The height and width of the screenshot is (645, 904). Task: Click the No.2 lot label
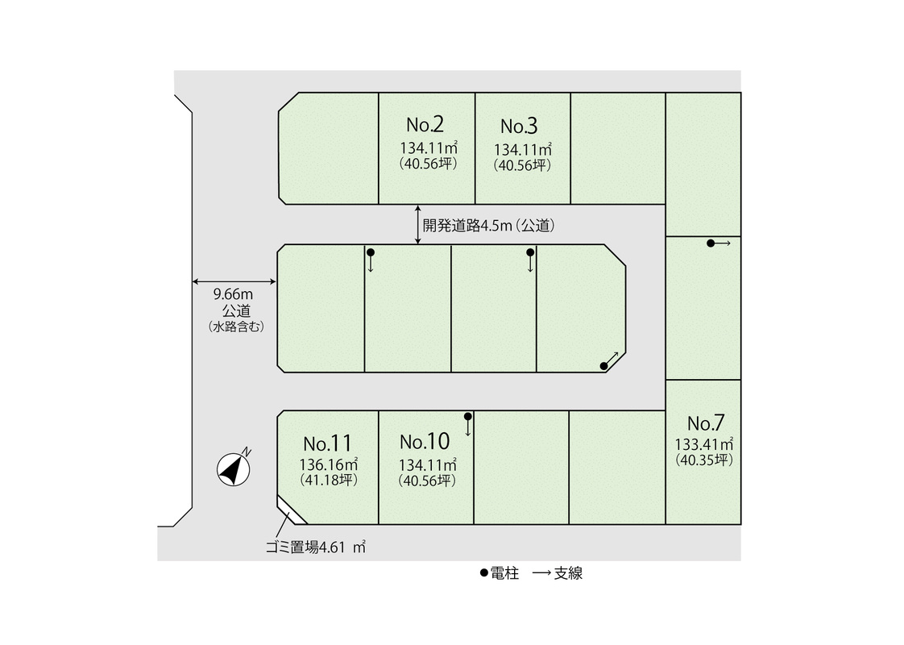pos(425,125)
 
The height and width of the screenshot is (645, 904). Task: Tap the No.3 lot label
pos(519,126)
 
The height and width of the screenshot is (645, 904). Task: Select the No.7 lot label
pos(706,423)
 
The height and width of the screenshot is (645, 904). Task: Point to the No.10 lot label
pos(425,441)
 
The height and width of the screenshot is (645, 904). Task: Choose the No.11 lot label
pos(327,443)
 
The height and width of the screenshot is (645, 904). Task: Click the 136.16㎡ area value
pos(329,464)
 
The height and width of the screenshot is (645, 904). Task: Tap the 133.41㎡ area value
pos(704,444)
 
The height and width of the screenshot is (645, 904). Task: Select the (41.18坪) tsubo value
pos(329,480)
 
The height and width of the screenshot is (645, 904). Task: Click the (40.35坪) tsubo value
pos(704,460)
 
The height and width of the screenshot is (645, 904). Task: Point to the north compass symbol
pos(234,468)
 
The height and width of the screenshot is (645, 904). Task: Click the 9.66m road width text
pos(233,294)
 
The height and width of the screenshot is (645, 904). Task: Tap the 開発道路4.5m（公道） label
pos(489,226)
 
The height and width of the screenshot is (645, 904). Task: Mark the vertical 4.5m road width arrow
pos(418,225)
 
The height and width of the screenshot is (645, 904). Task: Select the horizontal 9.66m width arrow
pos(234,281)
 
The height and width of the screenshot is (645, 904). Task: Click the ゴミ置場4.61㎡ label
pos(315,547)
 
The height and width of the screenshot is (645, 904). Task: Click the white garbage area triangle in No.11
pos(291,512)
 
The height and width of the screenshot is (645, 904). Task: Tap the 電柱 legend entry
pos(500,573)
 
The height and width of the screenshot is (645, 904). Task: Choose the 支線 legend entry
pos(558,573)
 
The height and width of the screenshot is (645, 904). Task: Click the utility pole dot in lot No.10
pos(467,417)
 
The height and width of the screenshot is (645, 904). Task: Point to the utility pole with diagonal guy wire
pos(603,366)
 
